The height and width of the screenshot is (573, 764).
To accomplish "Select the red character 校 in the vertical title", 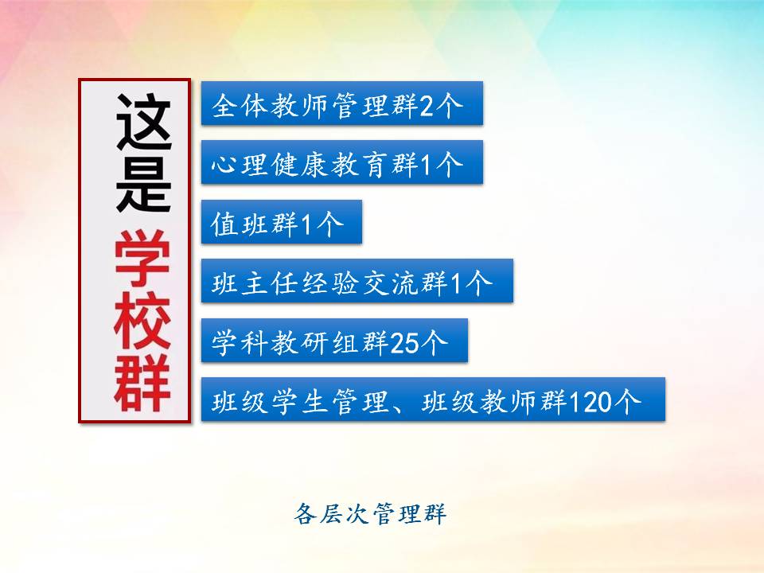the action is [142, 321].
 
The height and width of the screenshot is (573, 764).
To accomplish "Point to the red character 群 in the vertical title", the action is [142, 384].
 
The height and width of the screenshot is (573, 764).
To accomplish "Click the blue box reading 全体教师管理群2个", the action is [342, 103].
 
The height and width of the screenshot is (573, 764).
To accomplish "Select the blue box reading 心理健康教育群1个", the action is [342, 162].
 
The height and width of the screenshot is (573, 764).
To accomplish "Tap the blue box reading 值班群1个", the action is [282, 222].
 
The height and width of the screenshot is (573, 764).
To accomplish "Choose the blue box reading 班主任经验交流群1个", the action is [357, 281].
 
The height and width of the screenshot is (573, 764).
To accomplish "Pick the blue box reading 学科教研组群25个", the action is [335, 341].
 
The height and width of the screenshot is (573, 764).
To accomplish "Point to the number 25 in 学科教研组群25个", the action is [404, 343].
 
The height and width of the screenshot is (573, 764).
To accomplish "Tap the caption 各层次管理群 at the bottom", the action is [370, 514].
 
